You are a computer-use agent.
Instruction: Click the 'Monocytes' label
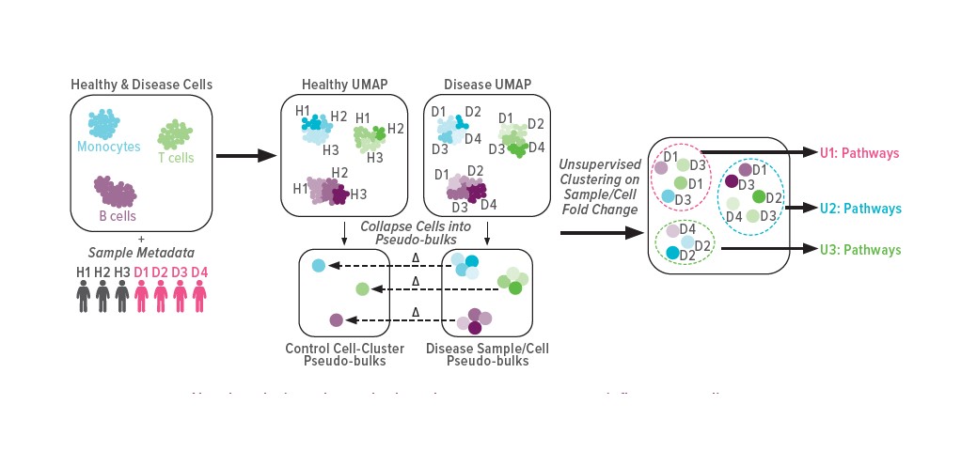109,147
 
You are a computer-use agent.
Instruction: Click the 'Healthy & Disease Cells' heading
142,85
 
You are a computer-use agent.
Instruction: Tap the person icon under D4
198,297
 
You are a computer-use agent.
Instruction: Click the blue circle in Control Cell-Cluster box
319,266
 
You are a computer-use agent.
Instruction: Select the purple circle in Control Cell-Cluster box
337,319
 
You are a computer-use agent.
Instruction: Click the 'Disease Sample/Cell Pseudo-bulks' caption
487,354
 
